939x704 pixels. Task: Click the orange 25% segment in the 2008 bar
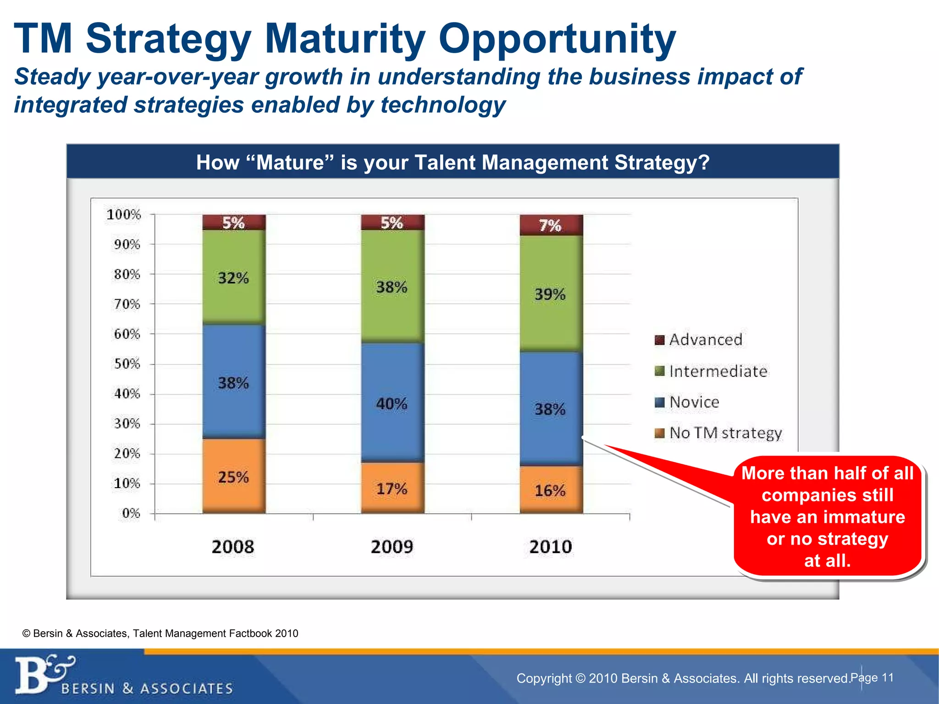[x=234, y=477]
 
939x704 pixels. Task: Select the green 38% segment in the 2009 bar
[x=392, y=286]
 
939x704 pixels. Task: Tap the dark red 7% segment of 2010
[x=551, y=225]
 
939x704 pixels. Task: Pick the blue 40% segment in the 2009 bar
[x=392, y=403]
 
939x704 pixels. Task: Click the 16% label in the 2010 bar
[x=550, y=491]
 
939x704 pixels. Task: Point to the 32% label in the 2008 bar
[x=233, y=278]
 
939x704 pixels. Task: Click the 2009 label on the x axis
[x=392, y=547]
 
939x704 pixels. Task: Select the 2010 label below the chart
[x=551, y=547]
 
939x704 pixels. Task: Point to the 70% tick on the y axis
[x=127, y=304]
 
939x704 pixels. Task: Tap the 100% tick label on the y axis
[x=124, y=214]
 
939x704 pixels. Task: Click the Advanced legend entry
[x=705, y=340]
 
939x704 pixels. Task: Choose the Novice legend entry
[x=694, y=402]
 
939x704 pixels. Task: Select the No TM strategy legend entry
[x=725, y=433]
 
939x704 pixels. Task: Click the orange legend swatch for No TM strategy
[x=659, y=433]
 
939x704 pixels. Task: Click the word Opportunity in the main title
[x=557, y=39]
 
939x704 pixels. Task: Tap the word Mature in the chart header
[x=290, y=163]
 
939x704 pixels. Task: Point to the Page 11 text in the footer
[x=872, y=677]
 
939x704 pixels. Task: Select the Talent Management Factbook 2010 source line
[x=160, y=633]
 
